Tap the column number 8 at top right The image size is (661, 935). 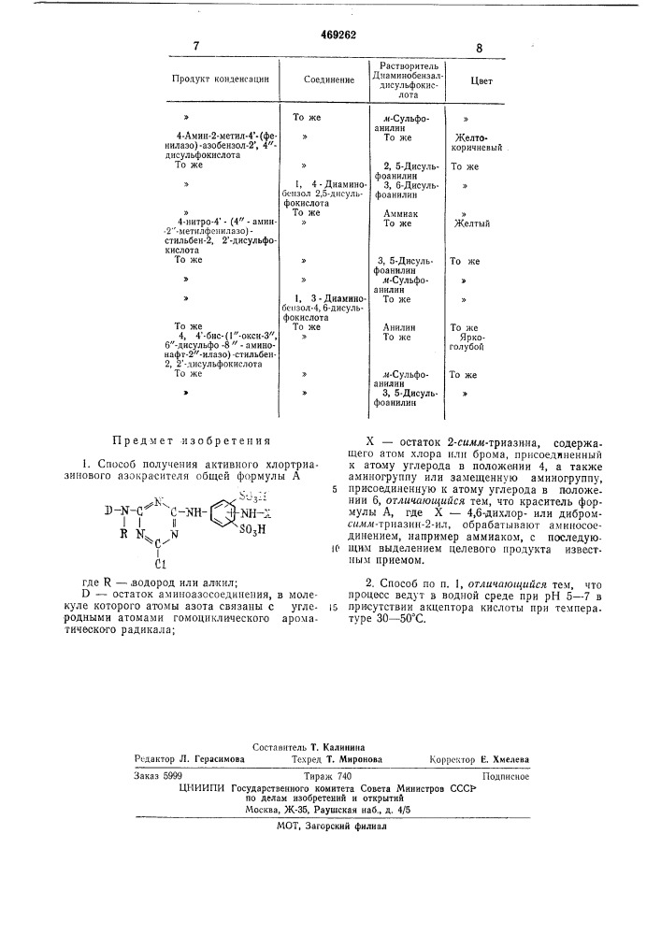479,48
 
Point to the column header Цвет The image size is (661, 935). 481,80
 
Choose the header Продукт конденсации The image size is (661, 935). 221,79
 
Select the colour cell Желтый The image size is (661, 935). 471,223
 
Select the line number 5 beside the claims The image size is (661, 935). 333,488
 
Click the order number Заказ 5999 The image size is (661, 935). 159,775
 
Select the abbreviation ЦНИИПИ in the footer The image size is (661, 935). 202,787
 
